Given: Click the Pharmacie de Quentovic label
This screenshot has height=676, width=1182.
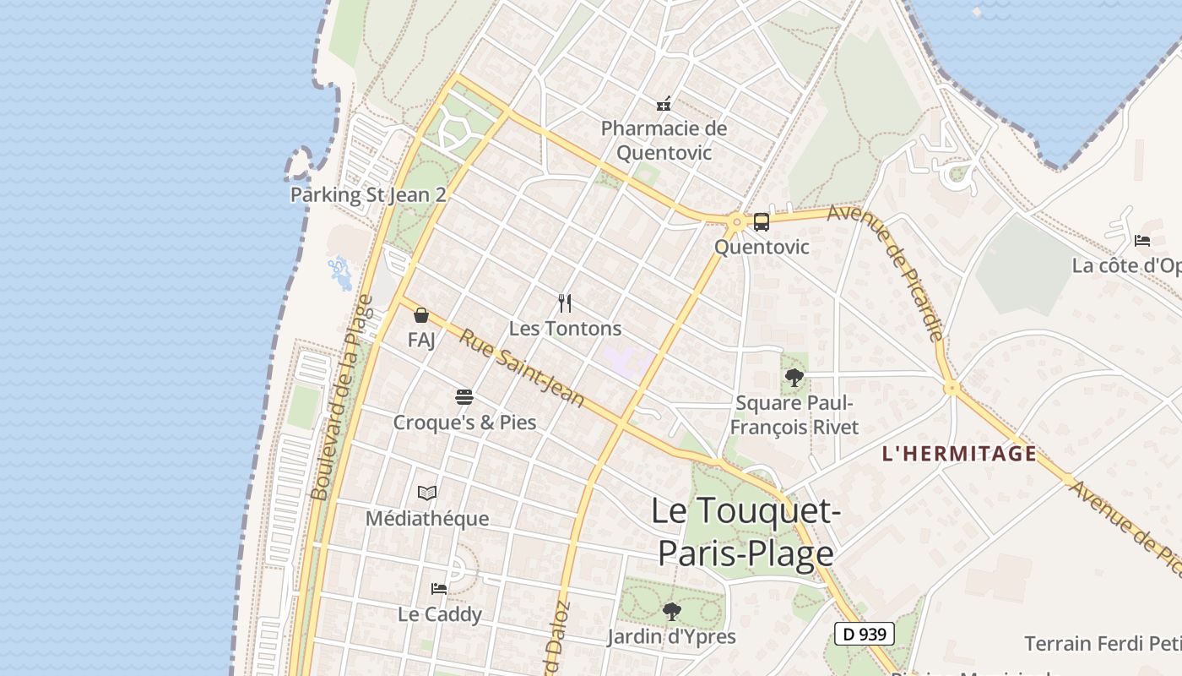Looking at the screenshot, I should pyautogui.click(x=664, y=140).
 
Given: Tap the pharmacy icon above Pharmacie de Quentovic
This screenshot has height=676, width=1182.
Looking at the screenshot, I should pyautogui.click(x=664, y=104).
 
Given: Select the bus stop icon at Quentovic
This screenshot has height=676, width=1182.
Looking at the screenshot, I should pyautogui.click(x=761, y=222).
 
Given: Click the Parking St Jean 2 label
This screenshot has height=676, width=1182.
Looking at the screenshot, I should pyautogui.click(x=368, y=194).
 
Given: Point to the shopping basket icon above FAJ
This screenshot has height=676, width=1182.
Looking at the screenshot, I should pyautogui.click(x=421, y=316).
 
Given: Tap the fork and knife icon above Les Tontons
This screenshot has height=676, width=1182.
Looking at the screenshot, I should pyautogui.click(x=565, y=303).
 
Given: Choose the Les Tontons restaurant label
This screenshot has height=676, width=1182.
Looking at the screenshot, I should pyautogui.click(x=565, y=329).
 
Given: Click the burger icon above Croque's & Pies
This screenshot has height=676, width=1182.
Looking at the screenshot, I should pyautogui.click(x=464, y=396).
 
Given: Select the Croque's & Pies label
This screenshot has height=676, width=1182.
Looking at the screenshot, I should pyautogui.click(x=464, y=422).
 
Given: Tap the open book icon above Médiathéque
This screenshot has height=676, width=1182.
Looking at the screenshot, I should pyautogui.click(x=427, y=493).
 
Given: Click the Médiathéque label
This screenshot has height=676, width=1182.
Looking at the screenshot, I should pyautogui.click(x=427, y=518).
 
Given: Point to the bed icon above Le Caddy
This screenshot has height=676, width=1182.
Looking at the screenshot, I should pyautogui.click(x=439, y=588).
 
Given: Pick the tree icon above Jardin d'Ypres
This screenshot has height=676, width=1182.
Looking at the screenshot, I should pyautogui.click(x=671, y=610).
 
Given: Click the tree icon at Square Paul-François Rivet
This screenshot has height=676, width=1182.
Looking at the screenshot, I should pyautogui.click(x=794, y=378).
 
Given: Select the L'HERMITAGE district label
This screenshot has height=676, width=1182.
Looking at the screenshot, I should pyautogui.click(x=959, y=454).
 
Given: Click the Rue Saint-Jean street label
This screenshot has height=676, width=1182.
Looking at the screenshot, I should pyautogui.click(x=521, y=367).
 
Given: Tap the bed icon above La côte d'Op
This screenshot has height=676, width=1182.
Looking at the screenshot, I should pyautogui.click(x=1142, y=241).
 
